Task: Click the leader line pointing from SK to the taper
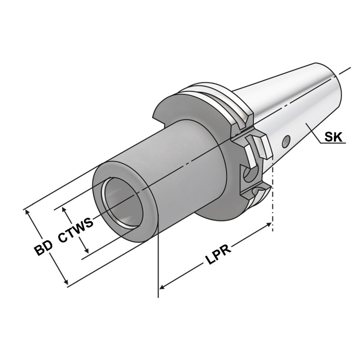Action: (x=315, y=135)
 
